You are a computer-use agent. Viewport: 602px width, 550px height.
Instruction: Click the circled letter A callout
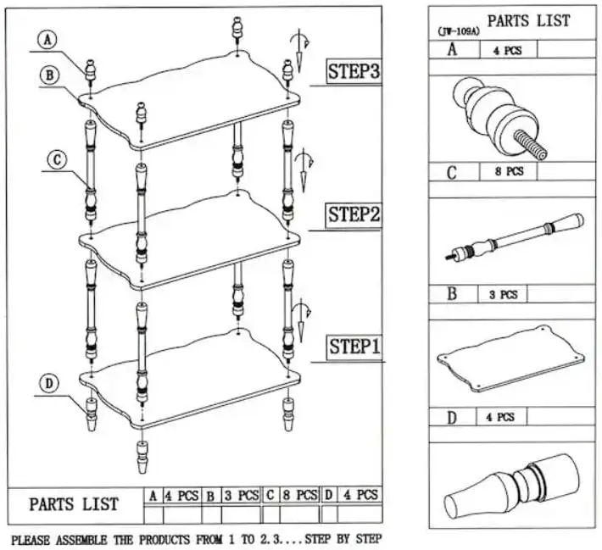coord(47,39)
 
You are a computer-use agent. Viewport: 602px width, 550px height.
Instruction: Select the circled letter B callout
coord(49,75)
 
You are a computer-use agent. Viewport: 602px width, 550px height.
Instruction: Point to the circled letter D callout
coord(49,384)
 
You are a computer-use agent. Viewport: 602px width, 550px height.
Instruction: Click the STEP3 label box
coord(354,72)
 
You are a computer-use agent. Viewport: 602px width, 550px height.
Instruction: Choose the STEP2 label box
coord(354,215)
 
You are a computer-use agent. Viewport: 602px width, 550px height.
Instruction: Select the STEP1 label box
coord(354,348)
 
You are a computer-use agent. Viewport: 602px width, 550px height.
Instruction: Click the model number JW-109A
coord(458,31)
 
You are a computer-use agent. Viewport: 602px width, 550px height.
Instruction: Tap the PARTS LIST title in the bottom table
coord(75,503)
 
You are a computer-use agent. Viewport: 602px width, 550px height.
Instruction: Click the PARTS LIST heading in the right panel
coord(528,20)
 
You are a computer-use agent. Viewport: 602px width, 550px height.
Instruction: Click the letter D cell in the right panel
coord(452,416)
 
